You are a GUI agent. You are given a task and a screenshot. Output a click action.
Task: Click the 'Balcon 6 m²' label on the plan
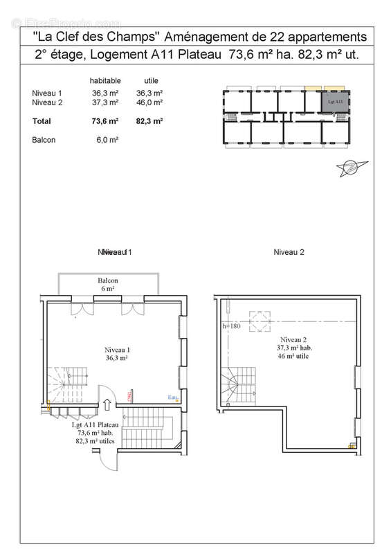[x=107, y=284]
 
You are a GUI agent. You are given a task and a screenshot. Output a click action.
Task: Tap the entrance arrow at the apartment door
[x=108, y=405]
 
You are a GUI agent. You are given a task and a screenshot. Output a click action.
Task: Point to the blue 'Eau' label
[x=172, y=397]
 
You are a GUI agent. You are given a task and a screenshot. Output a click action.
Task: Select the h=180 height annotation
[x=231, y=325]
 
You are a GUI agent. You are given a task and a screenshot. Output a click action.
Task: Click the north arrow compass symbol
[x=349, y=166]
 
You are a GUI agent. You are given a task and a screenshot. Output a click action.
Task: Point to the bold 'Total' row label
[x=42, y=120]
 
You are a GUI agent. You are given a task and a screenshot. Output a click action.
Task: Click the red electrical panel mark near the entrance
[x=129, y=395]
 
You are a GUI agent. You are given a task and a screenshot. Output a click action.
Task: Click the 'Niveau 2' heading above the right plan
[x=289, y=252]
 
